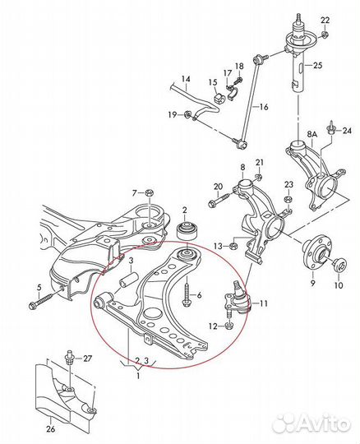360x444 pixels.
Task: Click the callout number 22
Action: coord(325,20)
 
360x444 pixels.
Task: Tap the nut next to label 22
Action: coord(325,35)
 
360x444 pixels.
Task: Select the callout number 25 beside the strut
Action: coord(317,66)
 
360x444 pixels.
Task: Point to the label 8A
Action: coord(312,135)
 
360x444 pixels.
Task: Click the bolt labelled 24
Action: coord(331,128)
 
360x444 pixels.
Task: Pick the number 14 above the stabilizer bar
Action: coord(186,79)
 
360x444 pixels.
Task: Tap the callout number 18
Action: coord(239,67)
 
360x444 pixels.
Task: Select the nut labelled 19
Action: coord(187,114)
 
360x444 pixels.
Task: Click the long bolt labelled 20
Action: coord(221,199)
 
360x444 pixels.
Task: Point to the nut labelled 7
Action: coord(149,193)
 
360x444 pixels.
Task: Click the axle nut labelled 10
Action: coord(339,266)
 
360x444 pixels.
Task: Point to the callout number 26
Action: coord(51,429)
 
